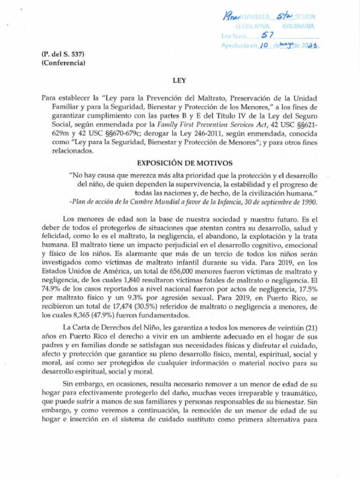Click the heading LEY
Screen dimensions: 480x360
point(180,81)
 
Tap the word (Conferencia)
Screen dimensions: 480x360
point(63,63)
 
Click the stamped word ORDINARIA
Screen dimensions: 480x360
point(298,27)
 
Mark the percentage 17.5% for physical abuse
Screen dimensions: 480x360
point(308,290)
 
